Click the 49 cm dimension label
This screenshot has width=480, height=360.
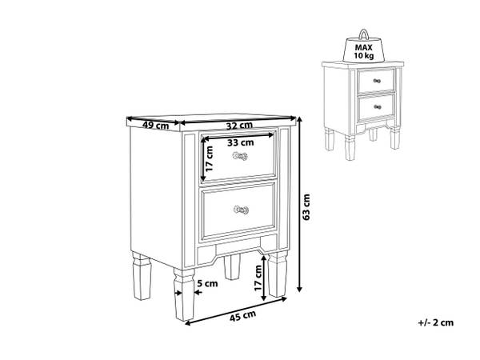[155, 126]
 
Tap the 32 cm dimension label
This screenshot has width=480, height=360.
[239, 126]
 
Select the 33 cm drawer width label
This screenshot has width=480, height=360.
[241, 142]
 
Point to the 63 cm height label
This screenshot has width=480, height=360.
[306, 206]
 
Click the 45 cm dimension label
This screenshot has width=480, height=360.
[242, 316]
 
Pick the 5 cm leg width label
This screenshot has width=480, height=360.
[207, 283]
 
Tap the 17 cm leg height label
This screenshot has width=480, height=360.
[258, 278]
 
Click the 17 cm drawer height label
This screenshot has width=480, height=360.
[209, 159]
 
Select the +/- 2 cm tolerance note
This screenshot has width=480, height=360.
[436, 322]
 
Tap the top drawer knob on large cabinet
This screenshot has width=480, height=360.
[240, 156]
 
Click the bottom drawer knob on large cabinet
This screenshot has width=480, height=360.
[241, 210]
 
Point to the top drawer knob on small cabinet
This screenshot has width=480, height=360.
[377, 81]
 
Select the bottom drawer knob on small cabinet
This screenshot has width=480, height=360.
[378, 107]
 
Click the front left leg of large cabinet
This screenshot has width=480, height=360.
[184, 294]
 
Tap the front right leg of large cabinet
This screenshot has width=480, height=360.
[278, 274]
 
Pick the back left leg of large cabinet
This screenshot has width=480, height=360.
[142, 276]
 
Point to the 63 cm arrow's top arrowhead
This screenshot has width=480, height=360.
[300, 118]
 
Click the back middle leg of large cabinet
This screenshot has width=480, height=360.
[232, 266]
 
